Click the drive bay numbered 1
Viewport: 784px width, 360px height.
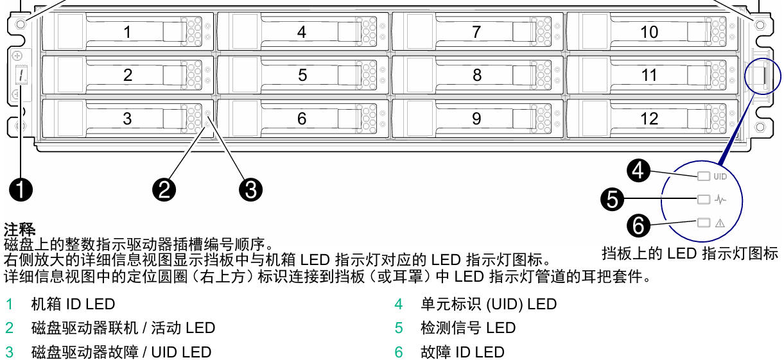(127, 31)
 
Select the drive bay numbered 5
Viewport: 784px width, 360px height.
(302, 74)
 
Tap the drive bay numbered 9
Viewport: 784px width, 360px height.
(476, 118)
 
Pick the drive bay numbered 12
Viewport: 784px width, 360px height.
(649, 118)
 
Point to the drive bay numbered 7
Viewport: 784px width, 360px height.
(476, 31)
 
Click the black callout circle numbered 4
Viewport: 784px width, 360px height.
(638, 170)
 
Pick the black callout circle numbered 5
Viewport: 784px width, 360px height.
(613, 198)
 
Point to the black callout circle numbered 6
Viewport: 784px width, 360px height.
(638, 225)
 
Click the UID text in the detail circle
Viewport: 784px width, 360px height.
(720, 176)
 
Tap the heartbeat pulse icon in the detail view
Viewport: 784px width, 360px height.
(720, 200)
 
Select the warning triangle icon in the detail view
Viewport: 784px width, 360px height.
(720, 223)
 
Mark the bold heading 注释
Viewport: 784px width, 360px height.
(19, 229)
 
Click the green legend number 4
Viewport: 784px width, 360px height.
(399, 304)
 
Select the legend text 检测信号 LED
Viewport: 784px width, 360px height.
(468, 328)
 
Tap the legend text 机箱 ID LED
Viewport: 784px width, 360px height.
(73, 304)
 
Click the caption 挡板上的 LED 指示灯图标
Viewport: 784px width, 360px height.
(690, 253)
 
